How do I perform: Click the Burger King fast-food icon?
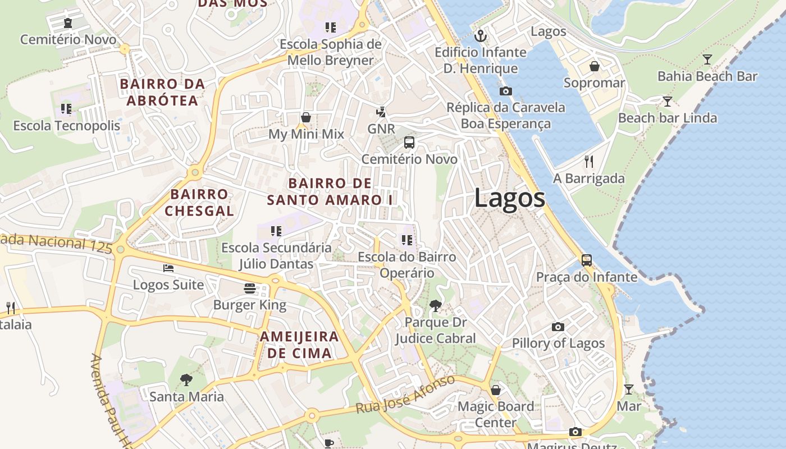250,288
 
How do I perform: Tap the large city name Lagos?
509,198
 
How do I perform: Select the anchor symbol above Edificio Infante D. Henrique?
481,36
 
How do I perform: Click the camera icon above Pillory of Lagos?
557,327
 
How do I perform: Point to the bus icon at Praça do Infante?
587,260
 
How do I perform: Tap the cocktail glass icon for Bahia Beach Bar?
707,59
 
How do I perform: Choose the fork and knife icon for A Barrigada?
588,162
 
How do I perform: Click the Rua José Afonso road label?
405,395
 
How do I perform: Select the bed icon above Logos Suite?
168,268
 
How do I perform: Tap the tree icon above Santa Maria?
186,380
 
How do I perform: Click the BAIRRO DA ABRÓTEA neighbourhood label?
162,92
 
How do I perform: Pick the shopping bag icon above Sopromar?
594,67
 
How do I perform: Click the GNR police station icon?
381,112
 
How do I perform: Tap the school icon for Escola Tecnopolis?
66,108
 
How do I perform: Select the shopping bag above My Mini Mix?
306,117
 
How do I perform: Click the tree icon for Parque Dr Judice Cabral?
435,306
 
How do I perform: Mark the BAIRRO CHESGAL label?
199,203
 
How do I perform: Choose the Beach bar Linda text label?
667,118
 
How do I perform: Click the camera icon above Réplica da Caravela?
505,91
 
